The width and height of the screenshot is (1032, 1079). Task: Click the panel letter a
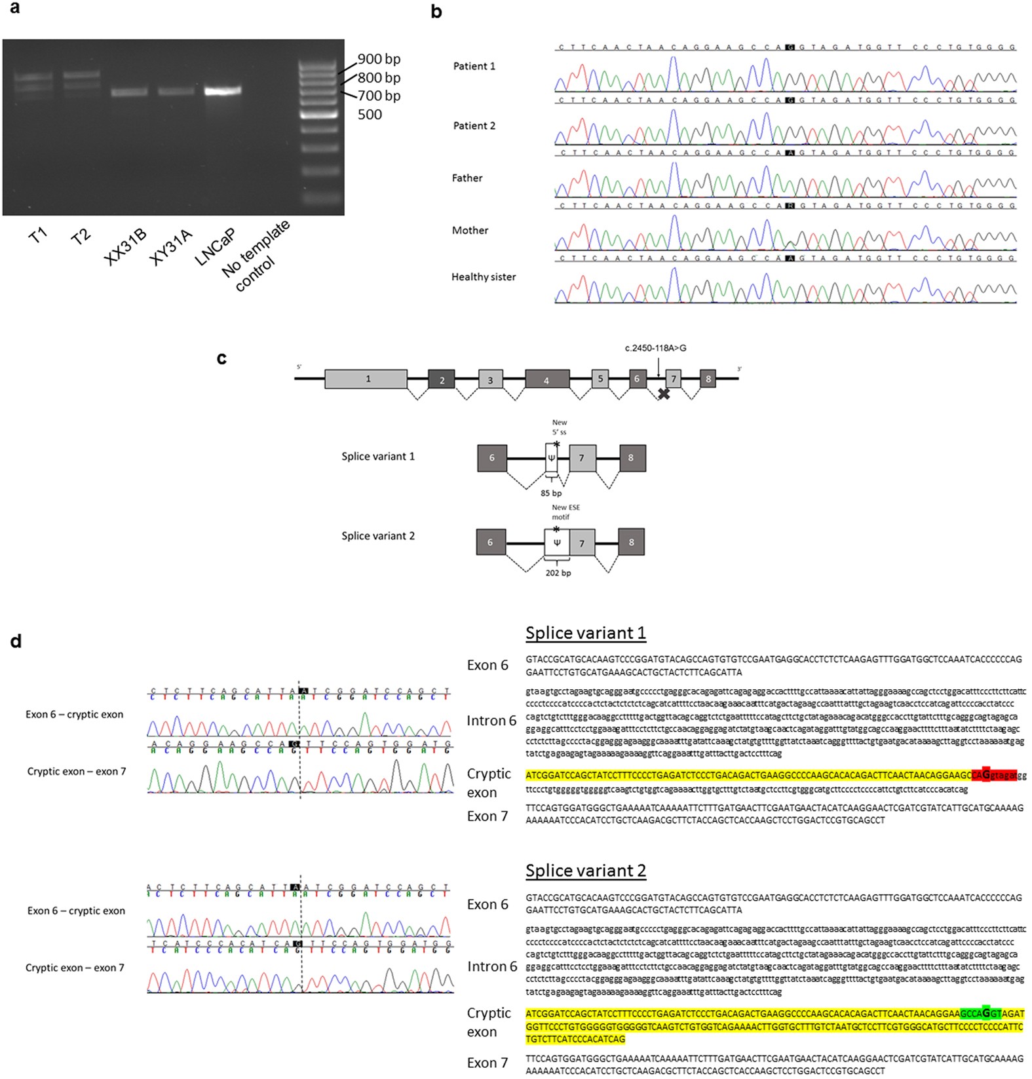(14, 9)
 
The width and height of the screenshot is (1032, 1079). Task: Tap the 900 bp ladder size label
(379, 59)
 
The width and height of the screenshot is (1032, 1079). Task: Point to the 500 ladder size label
(370, 115)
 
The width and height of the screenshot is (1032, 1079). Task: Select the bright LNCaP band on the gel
(222, 91)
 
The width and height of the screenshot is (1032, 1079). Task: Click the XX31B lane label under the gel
(125, 247)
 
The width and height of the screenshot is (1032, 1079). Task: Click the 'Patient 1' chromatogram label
(474, 66)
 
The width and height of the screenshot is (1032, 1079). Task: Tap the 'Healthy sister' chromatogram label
(483, 277)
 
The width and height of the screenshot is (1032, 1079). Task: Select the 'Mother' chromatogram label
(470, 231)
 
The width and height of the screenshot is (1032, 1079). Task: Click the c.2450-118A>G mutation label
(655, 348)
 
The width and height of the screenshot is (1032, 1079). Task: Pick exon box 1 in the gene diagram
(366, 379)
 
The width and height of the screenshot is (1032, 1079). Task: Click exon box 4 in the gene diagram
(546, 379)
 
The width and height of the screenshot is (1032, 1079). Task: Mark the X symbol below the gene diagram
(664, 394)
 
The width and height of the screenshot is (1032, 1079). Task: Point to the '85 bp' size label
(551, 493)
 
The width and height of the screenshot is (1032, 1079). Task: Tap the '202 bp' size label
(558, 573)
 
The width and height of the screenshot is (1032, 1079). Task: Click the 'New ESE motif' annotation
(565, 512)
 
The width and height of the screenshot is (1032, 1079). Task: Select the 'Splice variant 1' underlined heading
(585, 633)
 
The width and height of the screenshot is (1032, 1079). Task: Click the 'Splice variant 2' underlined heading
(585, 871)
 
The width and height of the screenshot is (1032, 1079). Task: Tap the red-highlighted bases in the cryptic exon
(994, 775)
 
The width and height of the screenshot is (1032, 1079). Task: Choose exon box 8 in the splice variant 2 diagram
(631, 542)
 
